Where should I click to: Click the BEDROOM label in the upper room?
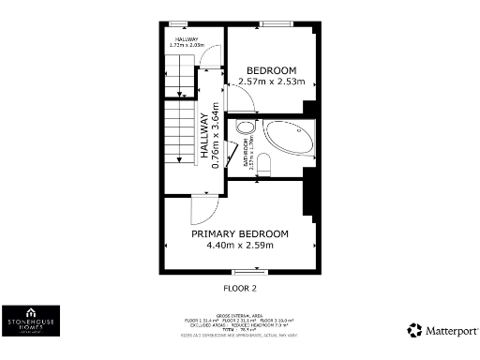coord(271,71)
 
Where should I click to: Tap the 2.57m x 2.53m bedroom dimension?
coord(271,82)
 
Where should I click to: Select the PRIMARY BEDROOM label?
coord(239,233)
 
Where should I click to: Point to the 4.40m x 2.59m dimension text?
coord(239,246)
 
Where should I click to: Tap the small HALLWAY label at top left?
coord(185,39)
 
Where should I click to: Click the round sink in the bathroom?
coord(245,128)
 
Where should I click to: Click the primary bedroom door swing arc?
coord(205,208)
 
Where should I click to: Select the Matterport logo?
coord(441,330)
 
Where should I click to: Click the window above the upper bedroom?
coord(275,22)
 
